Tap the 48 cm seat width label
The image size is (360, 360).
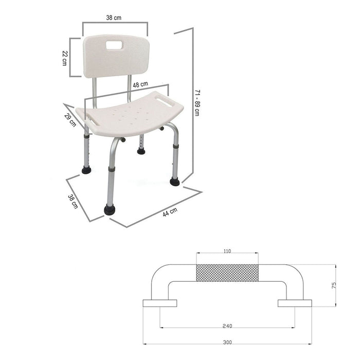tap(140, 84)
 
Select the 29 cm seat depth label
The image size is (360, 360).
tap(70, 120)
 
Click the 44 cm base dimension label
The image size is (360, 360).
tap(170, 212)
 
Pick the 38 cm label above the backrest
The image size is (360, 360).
tap(114, 17)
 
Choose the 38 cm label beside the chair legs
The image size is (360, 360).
tap(73, 202)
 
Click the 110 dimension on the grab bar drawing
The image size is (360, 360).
tap(227, 251)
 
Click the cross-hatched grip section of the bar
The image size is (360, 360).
tap(227, 273)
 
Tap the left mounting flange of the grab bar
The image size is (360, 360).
tap(159, 303)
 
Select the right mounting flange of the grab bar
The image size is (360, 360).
tap(295, 303)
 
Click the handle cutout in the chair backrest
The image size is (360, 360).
tap(115, 45)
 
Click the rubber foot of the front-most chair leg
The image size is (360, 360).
tap(109, 209)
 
